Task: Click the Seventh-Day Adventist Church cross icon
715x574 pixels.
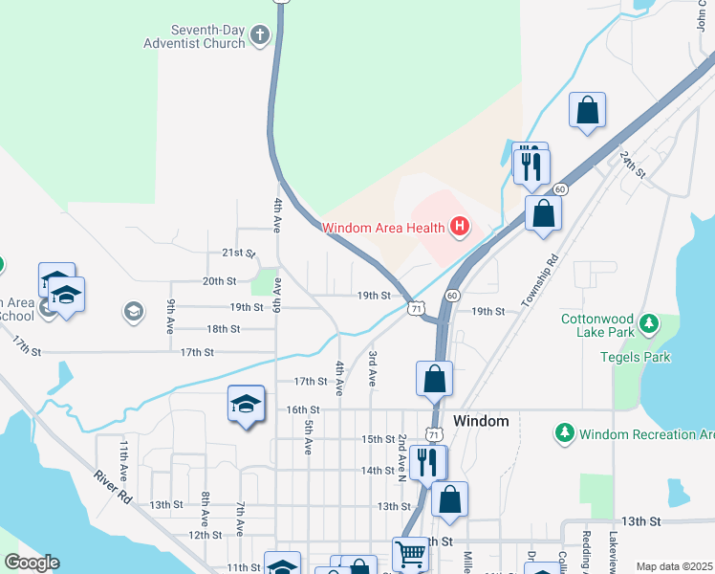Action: click(259, 36)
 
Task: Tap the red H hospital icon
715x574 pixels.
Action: click(460, 227)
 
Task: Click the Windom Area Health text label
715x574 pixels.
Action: click(383, 228)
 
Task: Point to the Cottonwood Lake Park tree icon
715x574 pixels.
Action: click(650, 323)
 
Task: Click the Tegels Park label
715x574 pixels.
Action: click(635, 357)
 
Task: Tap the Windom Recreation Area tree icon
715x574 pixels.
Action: click(565, 433)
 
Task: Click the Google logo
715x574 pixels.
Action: click(31, 563)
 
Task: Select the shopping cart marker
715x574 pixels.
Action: click(410, 553)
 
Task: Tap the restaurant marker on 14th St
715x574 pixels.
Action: click(428, 463)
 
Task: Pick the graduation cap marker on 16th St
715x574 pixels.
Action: click(246, 405)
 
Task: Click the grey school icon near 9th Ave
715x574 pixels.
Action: click(133, 311)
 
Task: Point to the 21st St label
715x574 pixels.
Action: click(238, 254)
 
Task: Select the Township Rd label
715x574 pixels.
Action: click(539, 281)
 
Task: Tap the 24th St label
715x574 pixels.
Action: click(633, 166)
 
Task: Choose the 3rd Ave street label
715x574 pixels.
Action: click(372, 367)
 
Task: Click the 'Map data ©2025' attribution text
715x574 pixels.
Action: click(673, 566)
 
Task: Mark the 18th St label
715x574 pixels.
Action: click(223, 328)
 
